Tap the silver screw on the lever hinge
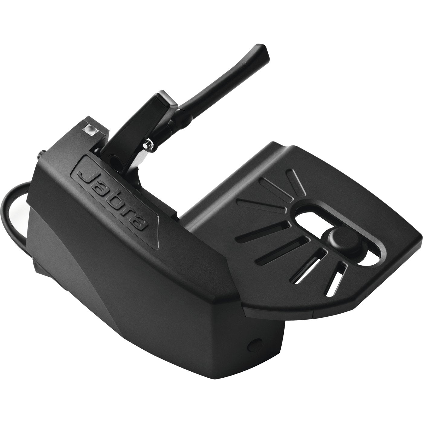148,144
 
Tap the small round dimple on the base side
252,343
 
